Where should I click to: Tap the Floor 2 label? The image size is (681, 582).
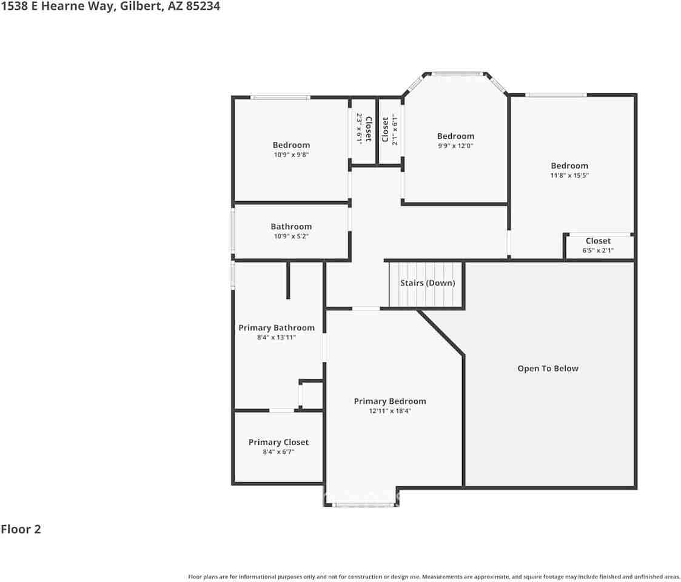[x=21, y=529]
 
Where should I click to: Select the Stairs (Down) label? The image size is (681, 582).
[x=428, y=283]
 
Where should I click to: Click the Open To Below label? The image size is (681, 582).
[x=548, y=369]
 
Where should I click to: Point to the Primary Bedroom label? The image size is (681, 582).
[x=390, y=401]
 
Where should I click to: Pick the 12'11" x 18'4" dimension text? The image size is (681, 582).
[x=390, y=411]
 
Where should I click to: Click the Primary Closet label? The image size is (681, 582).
[x=278, y=443]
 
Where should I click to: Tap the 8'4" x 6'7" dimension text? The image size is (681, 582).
[x=278, y=452]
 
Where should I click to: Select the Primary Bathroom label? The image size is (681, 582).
[x=277, y=328]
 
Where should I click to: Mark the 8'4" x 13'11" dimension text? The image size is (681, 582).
[x=277, y=338]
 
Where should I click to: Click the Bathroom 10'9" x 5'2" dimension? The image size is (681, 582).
[x=291, y=236]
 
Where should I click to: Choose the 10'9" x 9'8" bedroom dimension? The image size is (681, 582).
[x=291, y=155]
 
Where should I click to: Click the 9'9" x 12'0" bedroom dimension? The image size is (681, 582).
[x=455, y=145]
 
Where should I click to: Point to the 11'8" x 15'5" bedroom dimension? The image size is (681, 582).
[x=569, y=175]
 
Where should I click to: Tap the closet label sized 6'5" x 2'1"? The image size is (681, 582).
[x=598, y=241]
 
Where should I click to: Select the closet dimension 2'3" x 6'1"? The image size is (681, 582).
[x=359, y=128]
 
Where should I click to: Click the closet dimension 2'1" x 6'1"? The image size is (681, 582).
[x=394, y=130]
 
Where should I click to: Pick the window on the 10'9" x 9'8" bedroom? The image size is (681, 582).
[x=281, y=97]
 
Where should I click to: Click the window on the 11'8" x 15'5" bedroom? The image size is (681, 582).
[x=555, y=95]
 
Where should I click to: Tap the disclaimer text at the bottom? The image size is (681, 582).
[x=434, y=577]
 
